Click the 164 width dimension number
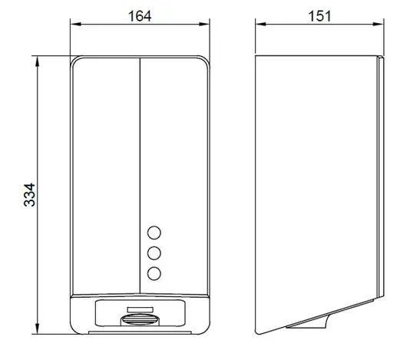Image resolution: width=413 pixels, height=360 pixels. [140, 16]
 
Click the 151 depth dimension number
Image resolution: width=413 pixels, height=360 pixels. [319, 16]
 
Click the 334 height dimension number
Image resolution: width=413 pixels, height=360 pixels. [29, 195]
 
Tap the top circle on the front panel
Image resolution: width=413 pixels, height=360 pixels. [154, 233]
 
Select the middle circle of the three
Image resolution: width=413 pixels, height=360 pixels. [154, 253]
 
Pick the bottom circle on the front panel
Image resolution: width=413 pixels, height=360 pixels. [154, 273]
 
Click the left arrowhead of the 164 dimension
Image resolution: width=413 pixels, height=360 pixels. [75, 25]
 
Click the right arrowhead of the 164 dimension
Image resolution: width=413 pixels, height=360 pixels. [204, 25]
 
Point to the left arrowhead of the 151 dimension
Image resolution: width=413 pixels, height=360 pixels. [261, 25]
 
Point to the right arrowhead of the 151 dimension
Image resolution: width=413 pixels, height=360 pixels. [378, 25]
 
